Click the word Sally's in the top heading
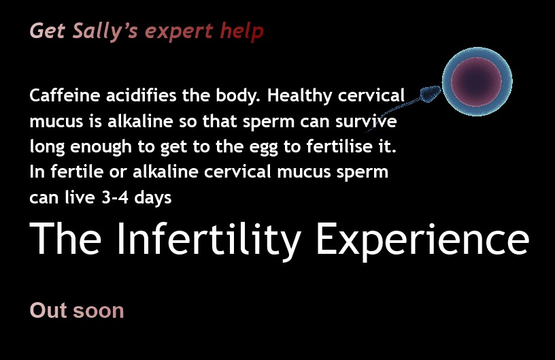click(105, 31)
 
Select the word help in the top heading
click(241, 31)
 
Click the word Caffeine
click(65, 95)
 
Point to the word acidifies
click(141, 95)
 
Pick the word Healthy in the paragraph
click(300, 96)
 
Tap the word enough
click(101, 147)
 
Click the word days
click(153, 198)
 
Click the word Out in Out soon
click(48, 310)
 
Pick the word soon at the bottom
click(99, 311)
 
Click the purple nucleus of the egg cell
click(476, 82)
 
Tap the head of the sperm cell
click(431, 93)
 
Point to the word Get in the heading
click(48, 31)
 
